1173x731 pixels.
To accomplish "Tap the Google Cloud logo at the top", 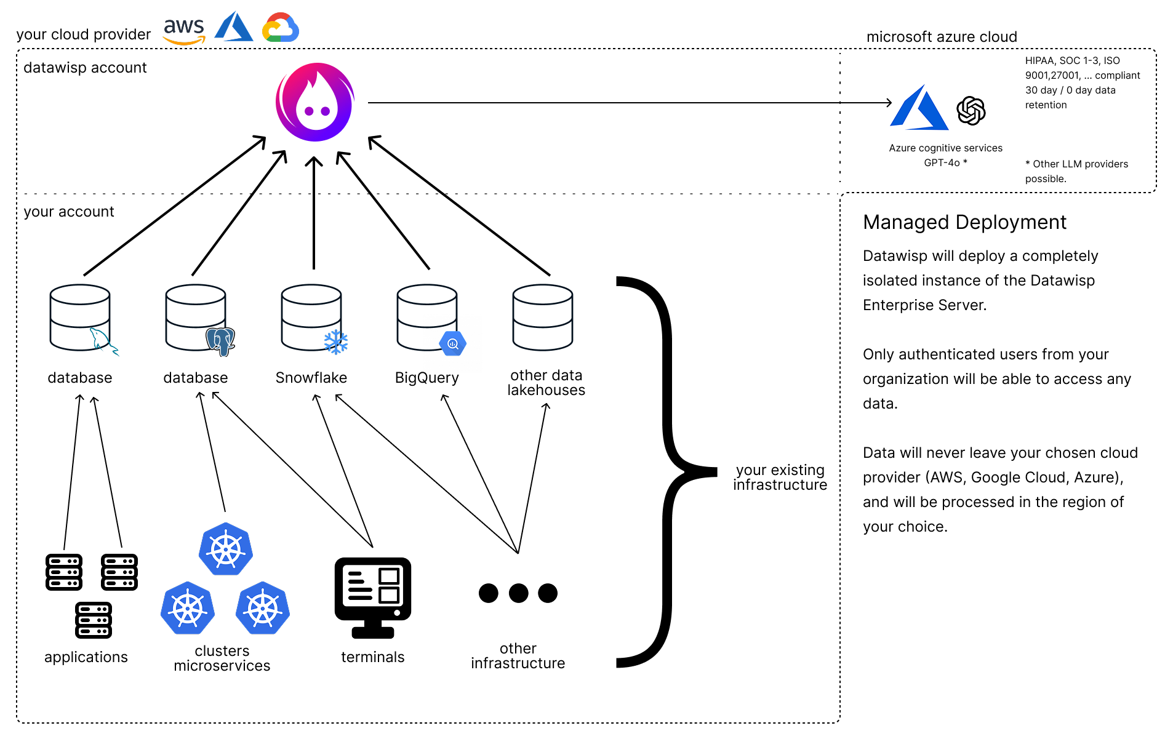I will [x=281, y=28].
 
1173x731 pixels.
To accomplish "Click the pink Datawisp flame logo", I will [x=315, y=102].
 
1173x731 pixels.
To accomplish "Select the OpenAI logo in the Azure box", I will [x=971, y=111].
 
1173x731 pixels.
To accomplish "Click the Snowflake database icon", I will [x=312, y=318].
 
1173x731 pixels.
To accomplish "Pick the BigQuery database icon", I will [x=428, y=318].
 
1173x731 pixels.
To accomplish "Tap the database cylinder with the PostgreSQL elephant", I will [x=197, y=318].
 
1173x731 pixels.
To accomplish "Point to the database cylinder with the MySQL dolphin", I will [x=81, y=318].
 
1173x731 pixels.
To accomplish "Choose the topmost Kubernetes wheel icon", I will [x=226, y=549].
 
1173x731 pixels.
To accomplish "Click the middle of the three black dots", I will [x=518, y=593].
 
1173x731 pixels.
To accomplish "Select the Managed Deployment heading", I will [x=964, y=222].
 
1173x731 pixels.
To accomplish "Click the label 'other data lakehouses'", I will [x=546, y=383].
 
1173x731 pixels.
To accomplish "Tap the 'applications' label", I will [x=86, y=657].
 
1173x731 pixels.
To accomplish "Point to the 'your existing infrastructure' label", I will [x=780, y=477].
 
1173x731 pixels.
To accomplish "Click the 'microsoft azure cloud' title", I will [x=942, y=37].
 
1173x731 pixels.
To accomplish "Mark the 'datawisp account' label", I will [x=85, y=68].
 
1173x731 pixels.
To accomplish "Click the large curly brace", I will [x=668, y=472].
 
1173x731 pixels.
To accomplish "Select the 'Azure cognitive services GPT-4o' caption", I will [x=945, y=155].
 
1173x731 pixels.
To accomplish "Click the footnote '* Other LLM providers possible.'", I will [x=1076, y=171].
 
